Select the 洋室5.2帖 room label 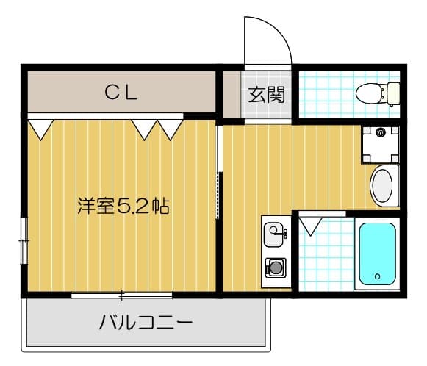tap(123, 206)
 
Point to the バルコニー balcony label tap(146, 323)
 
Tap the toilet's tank tap(393, 93)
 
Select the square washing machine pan tap(380, 144)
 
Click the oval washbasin tap(383, 186)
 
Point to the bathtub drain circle tap(376, 277)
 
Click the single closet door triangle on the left tap(40, 128)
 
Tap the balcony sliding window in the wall tap(122, 294)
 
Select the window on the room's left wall tap(24, 239)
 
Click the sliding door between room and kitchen tap(218, 173)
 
